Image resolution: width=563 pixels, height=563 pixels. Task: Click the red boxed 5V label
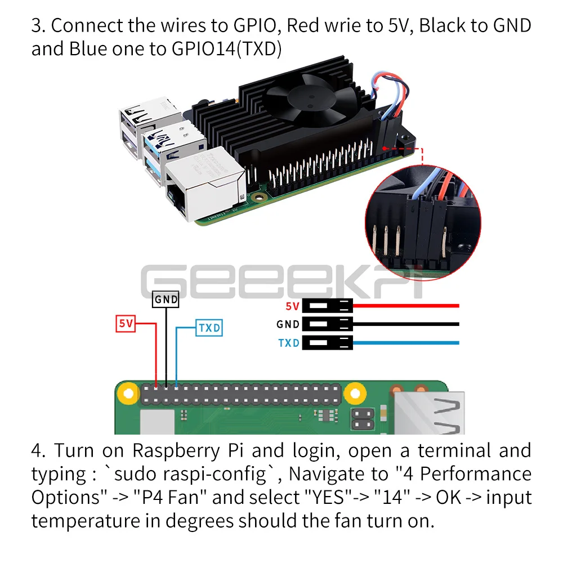127,324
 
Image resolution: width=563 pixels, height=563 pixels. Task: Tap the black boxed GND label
166,300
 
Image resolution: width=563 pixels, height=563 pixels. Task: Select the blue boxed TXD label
209,328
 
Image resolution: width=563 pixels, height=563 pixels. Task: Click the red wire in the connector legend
405,306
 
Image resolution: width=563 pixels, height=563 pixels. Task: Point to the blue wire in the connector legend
405,342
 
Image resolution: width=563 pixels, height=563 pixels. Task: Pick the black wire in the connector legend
405,324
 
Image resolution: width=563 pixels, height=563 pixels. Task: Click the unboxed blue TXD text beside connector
288,343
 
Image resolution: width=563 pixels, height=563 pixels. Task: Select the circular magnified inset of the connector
422,220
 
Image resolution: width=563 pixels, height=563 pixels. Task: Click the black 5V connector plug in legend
327,306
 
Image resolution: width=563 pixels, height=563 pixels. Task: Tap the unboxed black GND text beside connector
288,324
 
